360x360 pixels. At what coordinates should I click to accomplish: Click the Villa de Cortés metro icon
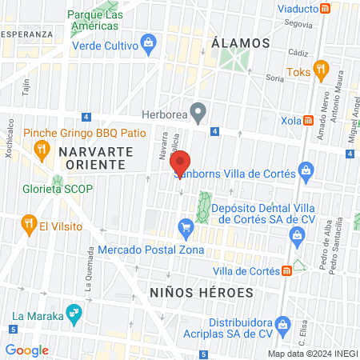tap(286, 271)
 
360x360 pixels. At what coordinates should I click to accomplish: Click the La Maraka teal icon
tap(74, 314)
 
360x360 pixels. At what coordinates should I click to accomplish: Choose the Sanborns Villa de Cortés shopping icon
tap(305, 170)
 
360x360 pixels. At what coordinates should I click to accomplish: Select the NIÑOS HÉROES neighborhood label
tap(201, 293)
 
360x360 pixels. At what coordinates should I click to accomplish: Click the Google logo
tap(26, 350)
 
